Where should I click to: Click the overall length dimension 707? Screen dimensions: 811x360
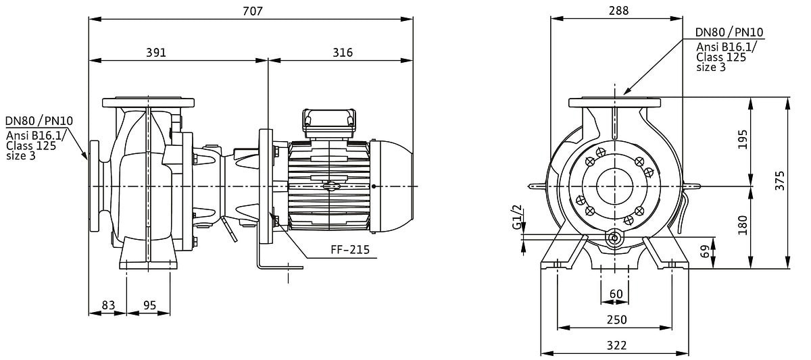252,11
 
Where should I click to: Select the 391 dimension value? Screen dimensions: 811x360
156,53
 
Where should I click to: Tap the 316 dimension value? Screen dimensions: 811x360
343,53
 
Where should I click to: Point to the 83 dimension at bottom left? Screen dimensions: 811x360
108,305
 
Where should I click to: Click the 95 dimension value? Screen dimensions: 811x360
149,305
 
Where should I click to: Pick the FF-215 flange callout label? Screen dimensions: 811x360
350,250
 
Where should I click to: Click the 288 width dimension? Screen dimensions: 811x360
619,11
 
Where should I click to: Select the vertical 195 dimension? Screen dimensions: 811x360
742,139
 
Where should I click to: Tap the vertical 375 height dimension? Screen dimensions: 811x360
779,180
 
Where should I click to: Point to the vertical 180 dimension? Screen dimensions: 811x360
742,225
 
